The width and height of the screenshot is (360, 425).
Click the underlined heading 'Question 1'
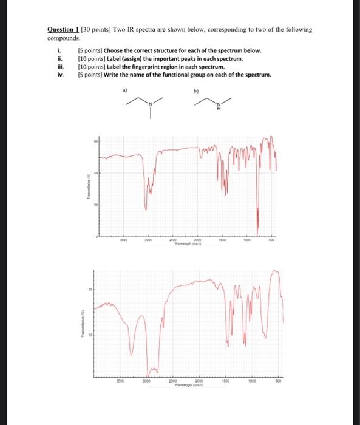coord(63,29)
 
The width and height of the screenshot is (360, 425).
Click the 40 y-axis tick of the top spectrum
coord(95,174)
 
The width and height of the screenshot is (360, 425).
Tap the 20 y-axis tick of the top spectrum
coord(95,206)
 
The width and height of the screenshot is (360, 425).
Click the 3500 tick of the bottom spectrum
coord(121,381)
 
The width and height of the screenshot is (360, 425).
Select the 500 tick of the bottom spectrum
coord(278,381)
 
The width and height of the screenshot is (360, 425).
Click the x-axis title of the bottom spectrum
coord(186,385)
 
